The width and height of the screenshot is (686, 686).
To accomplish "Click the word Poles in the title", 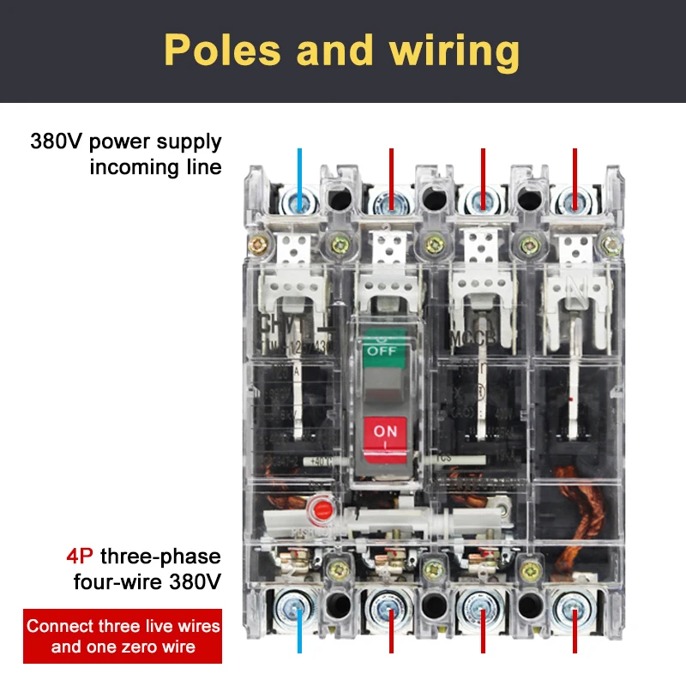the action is click(x=222, y=50).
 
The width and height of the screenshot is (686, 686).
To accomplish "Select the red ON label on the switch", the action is click(x=385, y=430).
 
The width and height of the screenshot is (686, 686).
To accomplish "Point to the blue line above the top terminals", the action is click(x=299, y=171).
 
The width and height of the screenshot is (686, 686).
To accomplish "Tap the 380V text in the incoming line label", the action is click(x=58, y=141).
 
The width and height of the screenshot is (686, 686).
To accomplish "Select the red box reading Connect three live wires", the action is click(x=123, y=635).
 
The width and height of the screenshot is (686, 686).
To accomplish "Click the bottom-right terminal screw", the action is click(x=575, y=609).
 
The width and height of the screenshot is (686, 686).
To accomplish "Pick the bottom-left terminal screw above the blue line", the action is click(x=299, y=609).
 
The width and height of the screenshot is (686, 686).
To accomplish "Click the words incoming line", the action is click(x=155, y=166).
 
